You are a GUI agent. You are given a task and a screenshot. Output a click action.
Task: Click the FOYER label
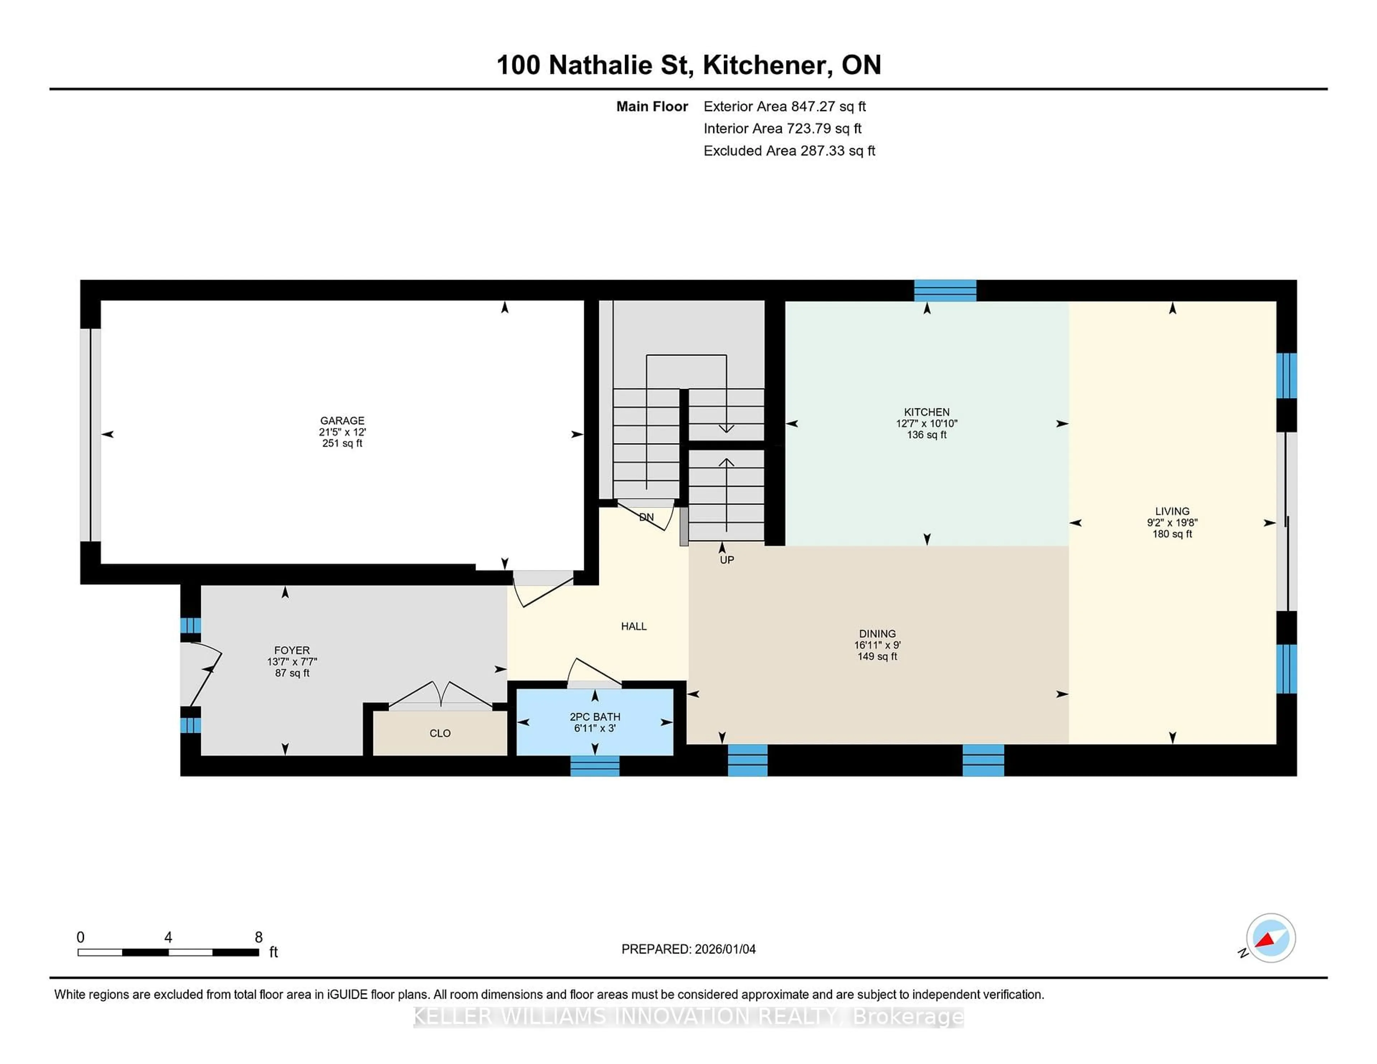(292, 650)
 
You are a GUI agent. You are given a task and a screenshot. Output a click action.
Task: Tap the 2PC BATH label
(595, 717)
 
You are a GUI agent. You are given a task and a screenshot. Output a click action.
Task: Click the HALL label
(634, 626)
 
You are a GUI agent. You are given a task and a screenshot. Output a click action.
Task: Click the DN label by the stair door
(646, 517)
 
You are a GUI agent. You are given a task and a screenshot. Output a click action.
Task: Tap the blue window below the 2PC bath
(595, 765)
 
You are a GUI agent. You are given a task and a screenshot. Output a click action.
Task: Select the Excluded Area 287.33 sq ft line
(789, 151)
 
